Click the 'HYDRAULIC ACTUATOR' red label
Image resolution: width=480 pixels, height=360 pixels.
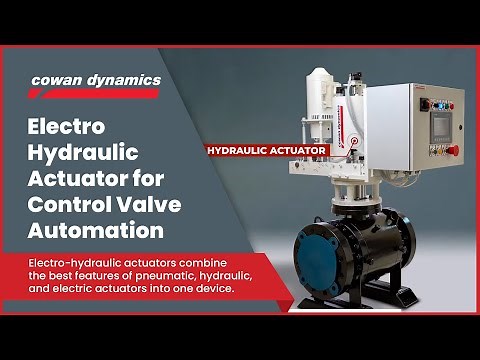point(267,151)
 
